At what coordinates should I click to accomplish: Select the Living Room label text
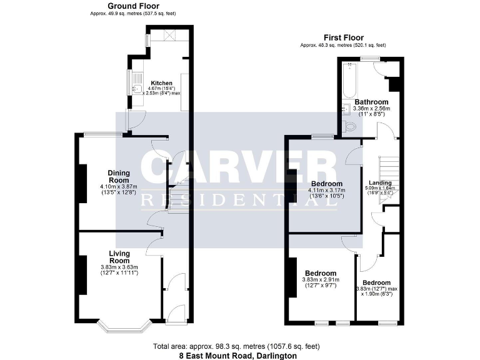[x=119, y=257]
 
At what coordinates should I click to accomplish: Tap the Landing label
[x=381, y=182]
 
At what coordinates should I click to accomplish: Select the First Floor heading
[x=342, y=37]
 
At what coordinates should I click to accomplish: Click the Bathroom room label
[x=371, y=102]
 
